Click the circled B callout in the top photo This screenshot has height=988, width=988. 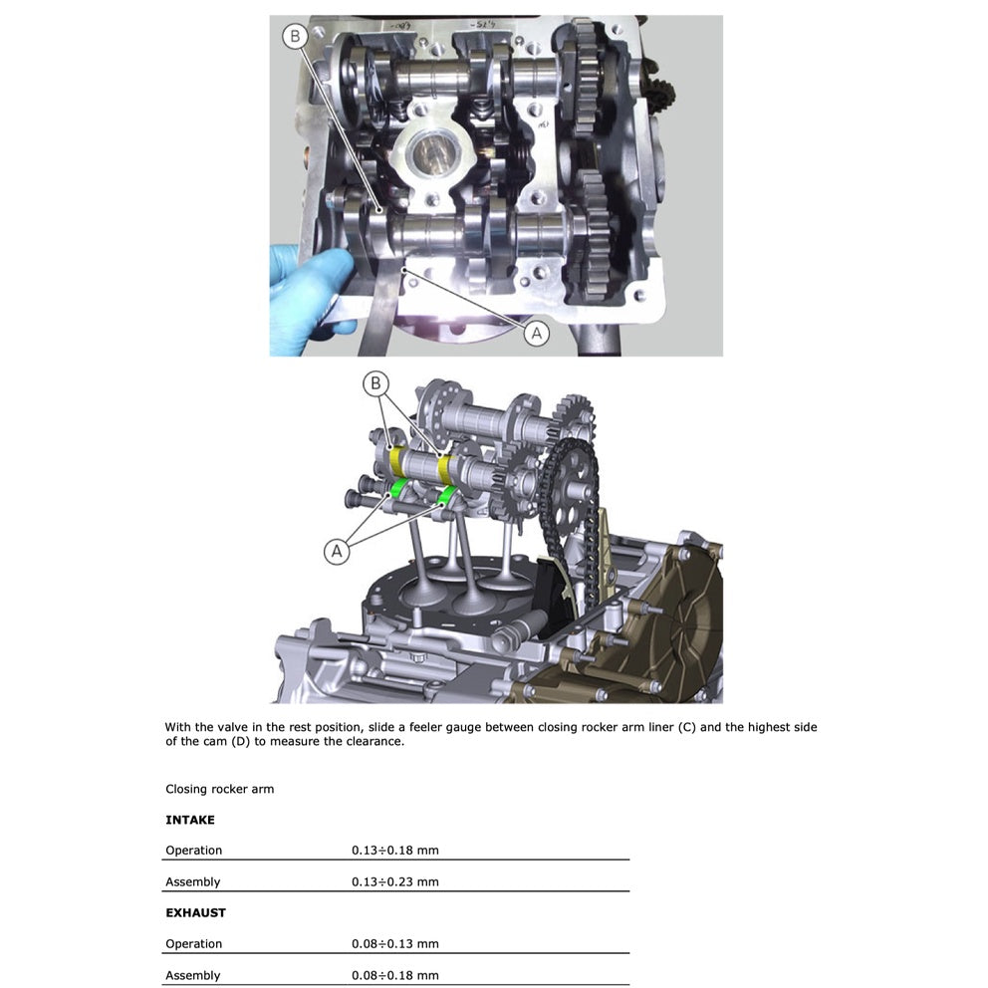294,38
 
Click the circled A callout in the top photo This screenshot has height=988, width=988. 537,333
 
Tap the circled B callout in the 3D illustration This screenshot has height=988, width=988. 375,383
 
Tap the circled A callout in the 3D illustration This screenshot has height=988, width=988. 338,550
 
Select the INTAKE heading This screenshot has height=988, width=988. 190,820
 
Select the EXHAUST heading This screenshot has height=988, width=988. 195,912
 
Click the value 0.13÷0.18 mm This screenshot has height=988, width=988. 394,851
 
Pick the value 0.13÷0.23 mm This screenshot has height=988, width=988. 394,881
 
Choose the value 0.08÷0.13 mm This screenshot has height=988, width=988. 394,943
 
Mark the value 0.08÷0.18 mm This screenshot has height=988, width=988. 394,975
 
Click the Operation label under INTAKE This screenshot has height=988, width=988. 193,851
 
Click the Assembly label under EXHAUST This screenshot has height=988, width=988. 192,975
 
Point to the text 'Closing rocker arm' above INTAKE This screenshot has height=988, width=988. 219,789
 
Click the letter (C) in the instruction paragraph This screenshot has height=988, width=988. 686,727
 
